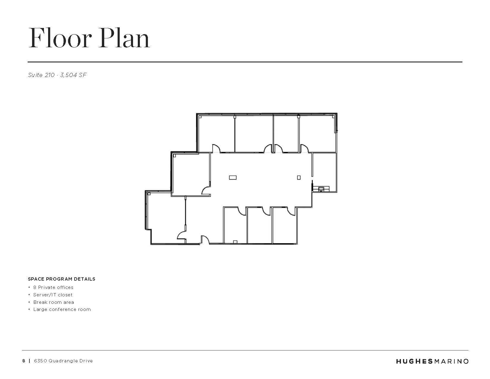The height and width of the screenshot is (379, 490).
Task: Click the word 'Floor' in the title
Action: pos(60,38)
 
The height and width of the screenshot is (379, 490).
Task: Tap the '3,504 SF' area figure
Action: pos(73,75)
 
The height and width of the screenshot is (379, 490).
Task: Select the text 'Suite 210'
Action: pos(41,75)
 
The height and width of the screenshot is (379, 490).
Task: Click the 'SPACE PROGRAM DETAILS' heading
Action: pos(61,279)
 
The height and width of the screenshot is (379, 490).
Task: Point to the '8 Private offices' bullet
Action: pos(53,287)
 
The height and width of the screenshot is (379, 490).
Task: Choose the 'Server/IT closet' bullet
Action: pos(53,295)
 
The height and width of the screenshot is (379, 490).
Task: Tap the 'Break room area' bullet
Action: pos(54,302)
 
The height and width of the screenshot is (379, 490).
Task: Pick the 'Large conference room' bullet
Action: pos(62,309)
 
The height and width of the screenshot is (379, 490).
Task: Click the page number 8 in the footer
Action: pos(24,361)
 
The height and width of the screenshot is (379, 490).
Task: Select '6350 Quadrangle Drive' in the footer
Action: pos(63,361)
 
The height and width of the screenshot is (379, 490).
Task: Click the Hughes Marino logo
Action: pos(432,361)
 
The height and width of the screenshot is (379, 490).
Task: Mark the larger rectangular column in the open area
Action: pos(233,178)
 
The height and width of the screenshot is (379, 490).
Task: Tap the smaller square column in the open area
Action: pos(299,178)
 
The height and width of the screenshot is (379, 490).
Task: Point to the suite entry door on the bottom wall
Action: pos(205,240)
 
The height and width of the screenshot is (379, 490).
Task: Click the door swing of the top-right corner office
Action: pos(305,148)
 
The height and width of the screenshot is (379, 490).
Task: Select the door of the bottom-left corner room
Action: pos(181,235)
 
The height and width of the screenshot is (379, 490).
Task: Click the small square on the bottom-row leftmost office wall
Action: pos(235,242)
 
